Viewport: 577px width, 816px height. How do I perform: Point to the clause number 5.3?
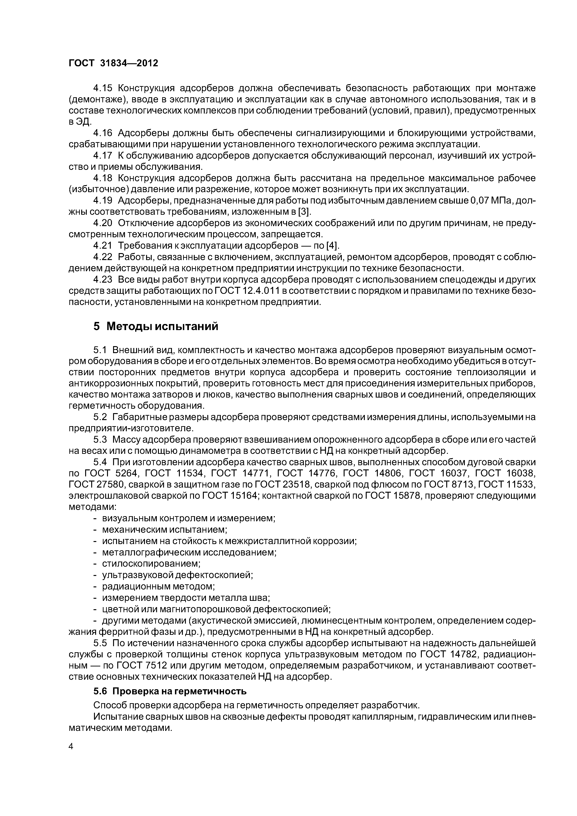[100, 440]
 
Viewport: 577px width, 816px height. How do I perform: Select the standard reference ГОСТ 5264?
[108, 473]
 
